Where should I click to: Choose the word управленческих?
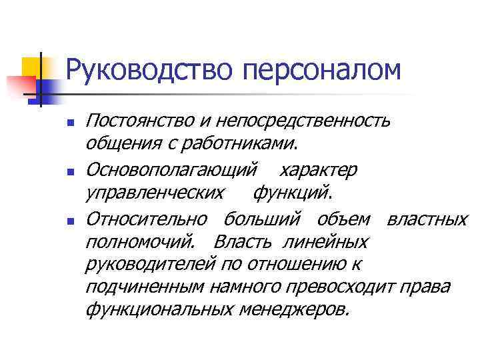click(x=155, y=193)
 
